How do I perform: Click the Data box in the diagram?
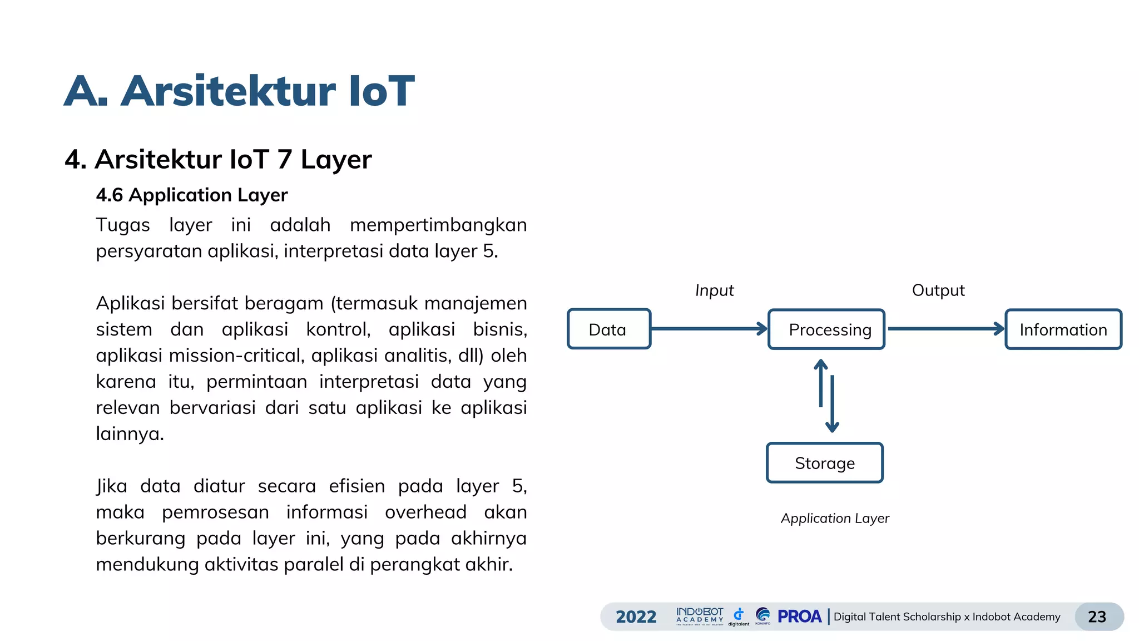(x=609, y=329)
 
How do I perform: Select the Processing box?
(x=826, y=329)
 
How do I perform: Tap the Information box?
(x=1063, y=329)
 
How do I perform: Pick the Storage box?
(x=824, y=463)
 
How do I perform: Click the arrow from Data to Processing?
(x=709, y=329)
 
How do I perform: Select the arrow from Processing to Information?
(x=945, y=329)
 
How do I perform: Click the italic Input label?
(x=714, y=290)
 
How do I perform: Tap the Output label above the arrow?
(x=938, y=290)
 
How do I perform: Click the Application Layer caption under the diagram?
(x=835, y=519)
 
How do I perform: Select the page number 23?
(x=1097, y=617)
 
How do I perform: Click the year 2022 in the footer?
(x=636, y=617)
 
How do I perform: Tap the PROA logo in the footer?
(x=799, y=617)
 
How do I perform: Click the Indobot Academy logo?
(x=700, y=616)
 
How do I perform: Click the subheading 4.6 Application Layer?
(x=191, y=195)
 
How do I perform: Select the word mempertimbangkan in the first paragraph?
(x=438, y=225)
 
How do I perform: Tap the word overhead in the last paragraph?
(x=425, y=512)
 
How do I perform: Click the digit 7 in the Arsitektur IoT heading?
(x=284, y=160)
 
